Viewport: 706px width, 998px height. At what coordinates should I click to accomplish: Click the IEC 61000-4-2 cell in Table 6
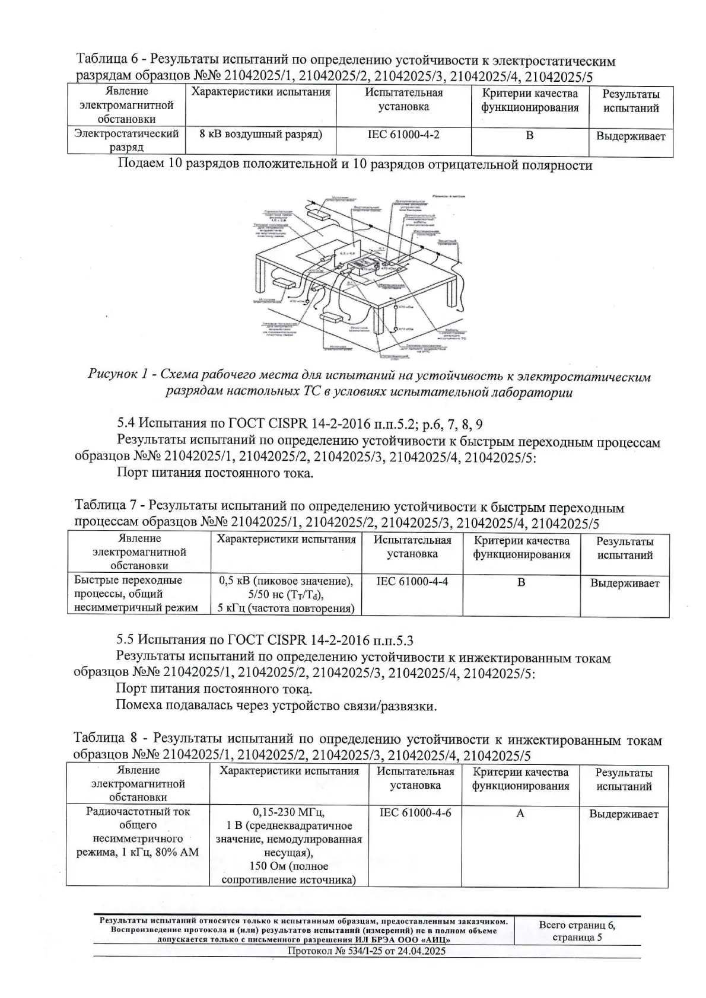[403, 135]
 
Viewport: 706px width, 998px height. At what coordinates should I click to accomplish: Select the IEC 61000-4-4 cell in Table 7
[412, 582]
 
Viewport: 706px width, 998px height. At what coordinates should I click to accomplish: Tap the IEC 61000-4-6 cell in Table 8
[415, 812]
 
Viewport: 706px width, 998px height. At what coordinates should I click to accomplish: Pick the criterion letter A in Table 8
[520, 813]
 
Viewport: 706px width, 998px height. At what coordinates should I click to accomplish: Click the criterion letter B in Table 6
[529, 135]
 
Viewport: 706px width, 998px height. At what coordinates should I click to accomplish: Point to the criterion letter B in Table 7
[521, 582]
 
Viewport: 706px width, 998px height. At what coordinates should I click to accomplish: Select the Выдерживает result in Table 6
[630, 136]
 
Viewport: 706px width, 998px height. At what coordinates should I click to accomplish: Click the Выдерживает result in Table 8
[624, 814]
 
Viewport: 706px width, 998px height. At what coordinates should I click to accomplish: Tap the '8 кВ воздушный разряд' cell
[261, 134]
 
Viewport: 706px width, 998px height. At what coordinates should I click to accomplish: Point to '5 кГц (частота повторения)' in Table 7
[285, 608]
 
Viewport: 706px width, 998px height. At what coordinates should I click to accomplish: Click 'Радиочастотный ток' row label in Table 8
[138, 811]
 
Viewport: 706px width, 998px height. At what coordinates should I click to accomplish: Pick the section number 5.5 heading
[126, 640]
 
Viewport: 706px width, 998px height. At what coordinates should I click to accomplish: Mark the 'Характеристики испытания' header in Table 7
[286, 540]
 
